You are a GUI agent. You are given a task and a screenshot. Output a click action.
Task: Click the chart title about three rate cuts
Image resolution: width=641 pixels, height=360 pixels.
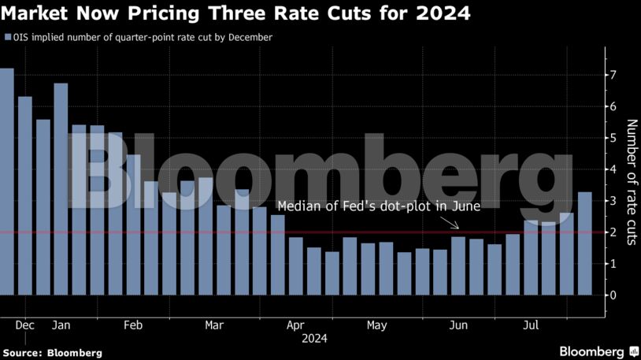[x=236, y=13]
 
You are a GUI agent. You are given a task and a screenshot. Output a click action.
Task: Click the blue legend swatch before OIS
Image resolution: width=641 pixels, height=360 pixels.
[x=7, y=37]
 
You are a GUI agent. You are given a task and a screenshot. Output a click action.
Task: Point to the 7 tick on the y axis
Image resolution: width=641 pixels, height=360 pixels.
[x=612, y=75]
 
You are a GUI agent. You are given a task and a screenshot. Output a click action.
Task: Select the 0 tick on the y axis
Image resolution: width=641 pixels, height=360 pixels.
[x=612, y=295]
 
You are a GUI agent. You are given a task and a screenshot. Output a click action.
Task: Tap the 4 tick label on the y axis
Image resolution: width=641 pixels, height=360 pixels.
[x=612, y=169]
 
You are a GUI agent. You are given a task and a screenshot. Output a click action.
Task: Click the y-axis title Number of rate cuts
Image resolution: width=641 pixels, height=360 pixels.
[x=630, y=182]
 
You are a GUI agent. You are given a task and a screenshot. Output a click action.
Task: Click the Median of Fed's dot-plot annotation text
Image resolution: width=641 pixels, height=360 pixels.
[x=378, y=206]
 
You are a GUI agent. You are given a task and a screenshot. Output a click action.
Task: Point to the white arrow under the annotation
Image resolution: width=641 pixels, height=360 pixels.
[x=453, y=224]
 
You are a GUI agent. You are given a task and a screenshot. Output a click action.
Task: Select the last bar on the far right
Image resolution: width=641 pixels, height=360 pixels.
[x=586, y=244]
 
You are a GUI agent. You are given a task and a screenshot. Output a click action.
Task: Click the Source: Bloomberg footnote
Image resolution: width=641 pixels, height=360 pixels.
[x=52, y=353]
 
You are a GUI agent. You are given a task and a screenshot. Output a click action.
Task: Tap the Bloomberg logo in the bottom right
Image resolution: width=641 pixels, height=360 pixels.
[x=598, y=351]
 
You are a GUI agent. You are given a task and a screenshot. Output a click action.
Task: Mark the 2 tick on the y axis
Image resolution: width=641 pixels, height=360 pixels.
[x=612, y=232]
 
